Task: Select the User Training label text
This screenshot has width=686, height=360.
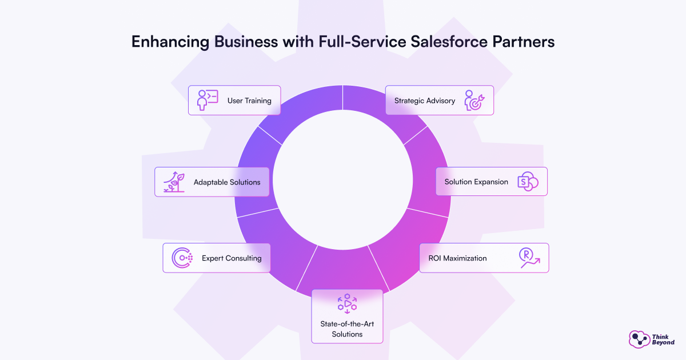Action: [x=249, y=101]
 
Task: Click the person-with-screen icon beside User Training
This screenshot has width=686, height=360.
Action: [x=206, y=100]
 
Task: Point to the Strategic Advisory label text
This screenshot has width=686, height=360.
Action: [x=425, y=101]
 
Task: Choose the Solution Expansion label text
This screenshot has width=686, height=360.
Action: [x=476, y=182]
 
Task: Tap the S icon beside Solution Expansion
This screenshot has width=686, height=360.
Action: [x=527, y=182]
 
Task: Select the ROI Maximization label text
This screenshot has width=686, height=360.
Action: [x=457, y=258]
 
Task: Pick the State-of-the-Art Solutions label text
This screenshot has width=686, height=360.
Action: [x=347, y=329]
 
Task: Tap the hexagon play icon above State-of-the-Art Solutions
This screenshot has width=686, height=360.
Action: [x=347, y=303]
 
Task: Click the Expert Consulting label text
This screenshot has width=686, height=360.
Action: [x=232, y=258]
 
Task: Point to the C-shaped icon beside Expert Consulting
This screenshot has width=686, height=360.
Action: [x=182, y=258]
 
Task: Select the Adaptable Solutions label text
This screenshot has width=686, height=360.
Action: [x=227, y=182]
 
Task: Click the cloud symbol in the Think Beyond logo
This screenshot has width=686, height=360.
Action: [x=639, y=339]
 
